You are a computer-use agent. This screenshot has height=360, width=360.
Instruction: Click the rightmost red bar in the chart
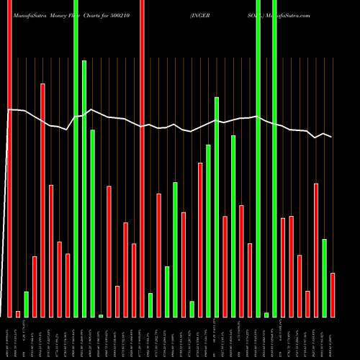click(333, 295)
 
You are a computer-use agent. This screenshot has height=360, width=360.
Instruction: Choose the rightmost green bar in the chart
click(325, 277)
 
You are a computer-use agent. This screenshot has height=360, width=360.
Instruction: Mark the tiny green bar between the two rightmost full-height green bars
click(266, 315)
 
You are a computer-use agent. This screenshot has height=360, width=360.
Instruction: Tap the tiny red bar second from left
click(18, 314)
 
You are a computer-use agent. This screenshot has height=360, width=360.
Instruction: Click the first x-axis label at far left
click(9, 338)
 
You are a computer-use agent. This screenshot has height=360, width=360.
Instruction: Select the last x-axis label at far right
click(333, 338)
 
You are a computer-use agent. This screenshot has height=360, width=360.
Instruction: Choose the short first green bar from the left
click(26, 304)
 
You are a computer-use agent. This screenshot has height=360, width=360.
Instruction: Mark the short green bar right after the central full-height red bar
click(150, 305)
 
